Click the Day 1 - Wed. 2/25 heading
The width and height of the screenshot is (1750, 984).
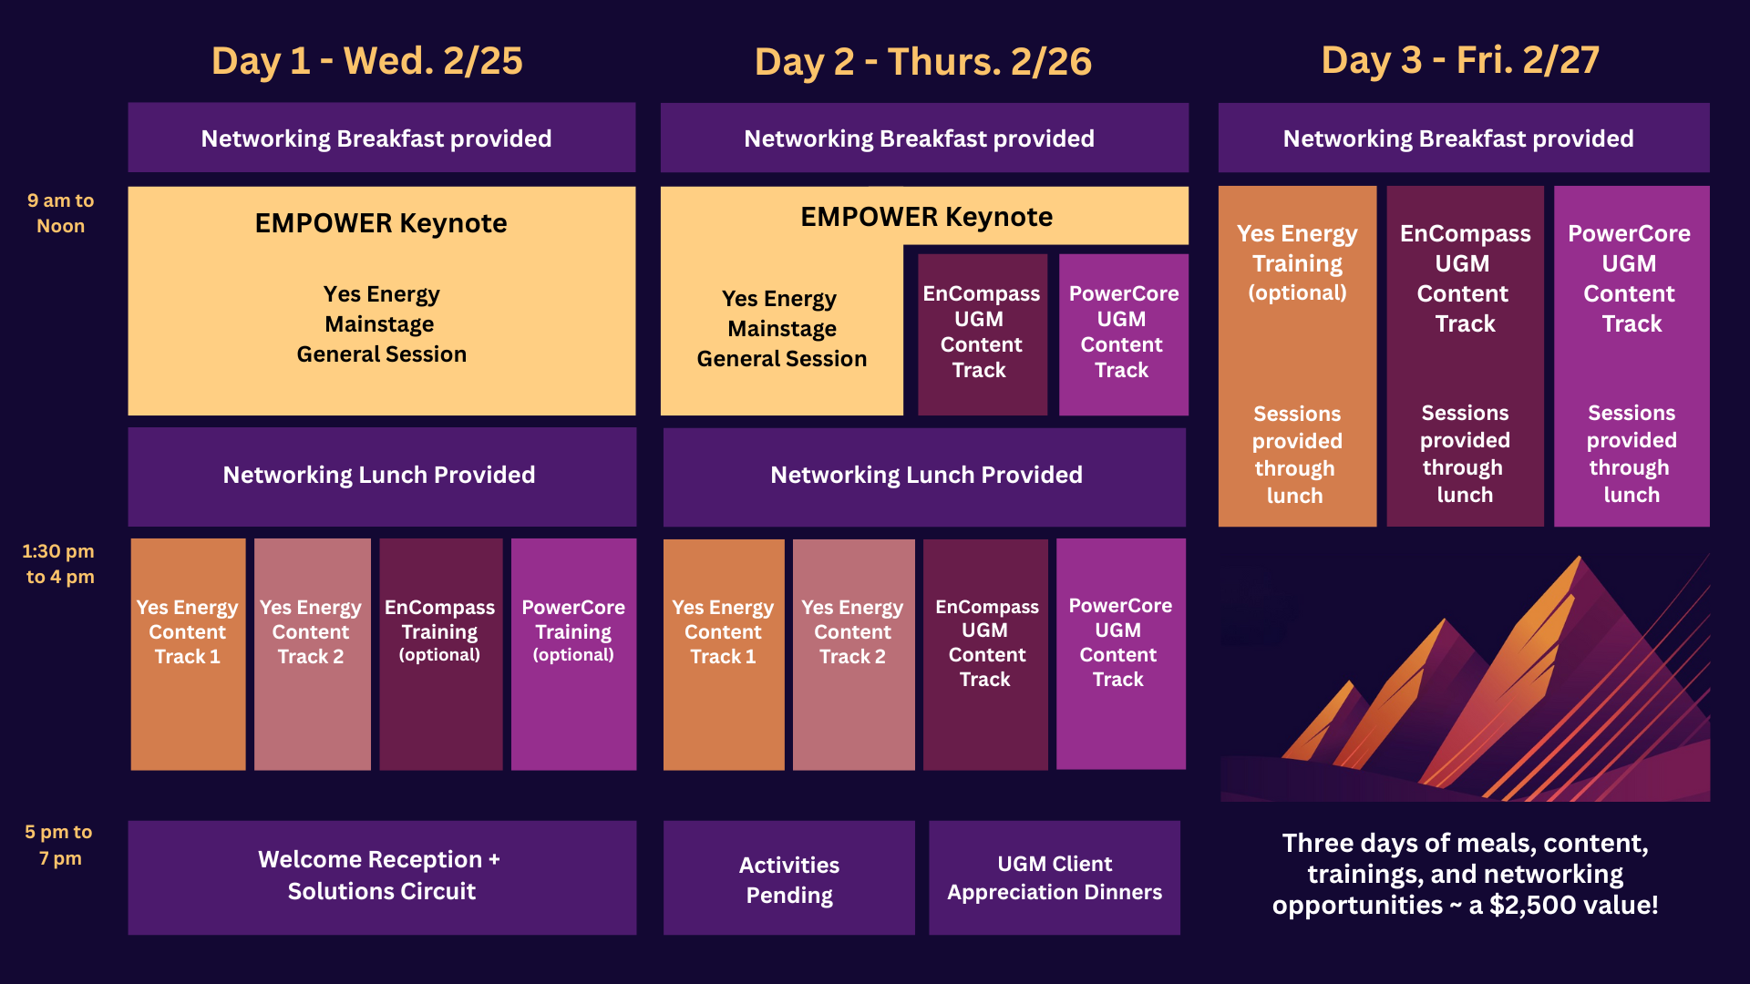coord(367,61)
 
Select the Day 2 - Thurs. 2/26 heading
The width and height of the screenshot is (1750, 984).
coord(923,62)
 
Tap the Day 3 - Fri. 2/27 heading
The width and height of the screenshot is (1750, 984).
coord(1460,60)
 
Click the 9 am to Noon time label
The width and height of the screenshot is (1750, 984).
coord(60,213)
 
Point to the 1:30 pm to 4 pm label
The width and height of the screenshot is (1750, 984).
coord(59,564)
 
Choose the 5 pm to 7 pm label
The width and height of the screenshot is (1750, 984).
coord(59,845)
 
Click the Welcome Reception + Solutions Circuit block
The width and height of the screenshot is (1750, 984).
coord(382,877)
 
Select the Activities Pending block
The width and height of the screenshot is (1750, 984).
coord(789,877)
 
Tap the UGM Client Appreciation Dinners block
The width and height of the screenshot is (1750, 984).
coord(1055,877)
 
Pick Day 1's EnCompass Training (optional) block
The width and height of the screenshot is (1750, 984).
coord(440,654)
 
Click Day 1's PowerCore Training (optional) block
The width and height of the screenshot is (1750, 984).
coord(573,654)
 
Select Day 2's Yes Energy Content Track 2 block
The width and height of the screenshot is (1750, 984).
coord(853,654)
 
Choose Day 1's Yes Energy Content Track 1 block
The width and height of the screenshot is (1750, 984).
coord(188,654)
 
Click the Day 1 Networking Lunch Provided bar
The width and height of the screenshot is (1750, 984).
coord(382,477)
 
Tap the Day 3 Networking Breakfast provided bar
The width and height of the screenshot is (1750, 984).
coord(1464,138)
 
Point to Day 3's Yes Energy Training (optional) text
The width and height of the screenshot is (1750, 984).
coord(1297,262)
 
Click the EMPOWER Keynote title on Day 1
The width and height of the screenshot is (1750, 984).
coord(381,223)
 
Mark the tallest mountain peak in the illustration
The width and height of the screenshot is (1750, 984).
coord(1579,558)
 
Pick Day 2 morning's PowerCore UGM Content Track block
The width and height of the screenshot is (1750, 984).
coord(1124,334)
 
